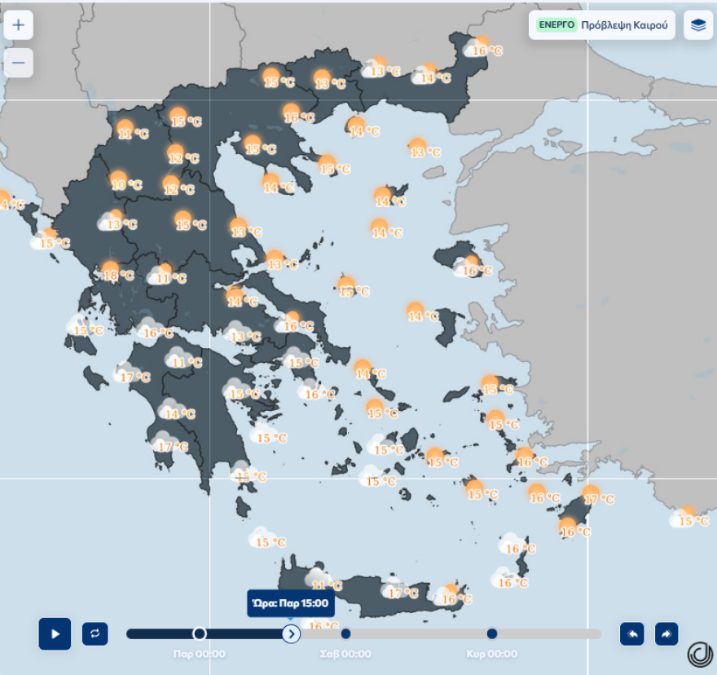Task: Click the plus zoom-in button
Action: click(18, 25)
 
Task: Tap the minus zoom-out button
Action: click(18, 63)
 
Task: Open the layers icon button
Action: click(698, 25)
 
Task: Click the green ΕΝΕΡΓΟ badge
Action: click(556, 25)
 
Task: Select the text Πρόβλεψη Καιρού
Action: click(624, 25)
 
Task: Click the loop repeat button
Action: click(95, 633)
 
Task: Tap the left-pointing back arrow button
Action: click(632, 633)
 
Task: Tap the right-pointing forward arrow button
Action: click(666, 633)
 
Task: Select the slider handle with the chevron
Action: click(291, 633)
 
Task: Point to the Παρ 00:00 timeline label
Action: click(200, 654)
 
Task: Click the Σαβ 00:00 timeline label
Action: click(345, 654)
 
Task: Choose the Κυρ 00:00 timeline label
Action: click(491, 654)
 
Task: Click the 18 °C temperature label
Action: click(118, 276)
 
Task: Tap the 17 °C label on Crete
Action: click(402, 593)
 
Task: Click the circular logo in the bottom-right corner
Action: click(699, 654)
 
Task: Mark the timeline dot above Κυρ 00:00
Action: click(492, 633)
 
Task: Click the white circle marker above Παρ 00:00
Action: click(200, 633)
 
